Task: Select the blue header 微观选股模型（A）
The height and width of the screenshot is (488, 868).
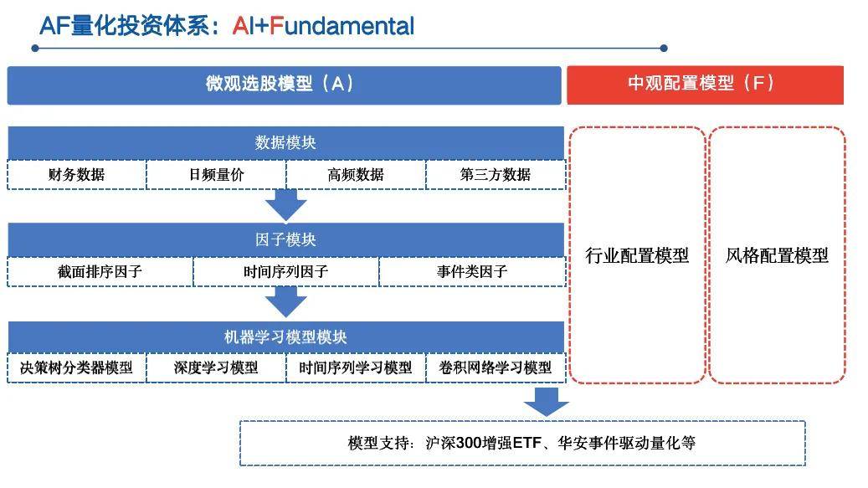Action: pos(284,84)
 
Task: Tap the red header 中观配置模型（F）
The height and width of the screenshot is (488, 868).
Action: pos(705,84)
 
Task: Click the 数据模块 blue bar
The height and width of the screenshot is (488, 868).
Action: pos(285,142)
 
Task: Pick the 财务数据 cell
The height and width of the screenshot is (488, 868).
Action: pos(76,175)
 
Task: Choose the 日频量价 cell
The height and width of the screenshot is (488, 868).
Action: pos(216,175)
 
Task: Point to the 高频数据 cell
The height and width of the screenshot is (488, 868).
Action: pos(355,175)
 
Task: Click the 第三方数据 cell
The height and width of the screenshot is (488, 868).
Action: pos(495,175)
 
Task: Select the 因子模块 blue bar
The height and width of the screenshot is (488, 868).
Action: pos(285,239)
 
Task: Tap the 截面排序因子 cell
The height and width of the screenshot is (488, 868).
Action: pos(100,272)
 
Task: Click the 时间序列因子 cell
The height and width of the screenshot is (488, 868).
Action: pos(285,272)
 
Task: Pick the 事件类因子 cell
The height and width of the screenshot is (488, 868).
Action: pos(471,272)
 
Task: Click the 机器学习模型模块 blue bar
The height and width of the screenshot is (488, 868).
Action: pos(285,336)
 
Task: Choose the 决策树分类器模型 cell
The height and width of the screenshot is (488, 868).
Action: pos(76,368)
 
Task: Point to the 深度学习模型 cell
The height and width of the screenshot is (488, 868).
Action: pos(216,368)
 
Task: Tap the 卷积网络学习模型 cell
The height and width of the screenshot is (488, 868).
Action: pos(495,368)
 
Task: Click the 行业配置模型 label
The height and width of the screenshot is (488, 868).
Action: pos(637,256)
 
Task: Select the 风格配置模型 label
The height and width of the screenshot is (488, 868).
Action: pos(776,256)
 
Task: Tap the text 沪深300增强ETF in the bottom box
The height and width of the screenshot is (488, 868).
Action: pos(486,443)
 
